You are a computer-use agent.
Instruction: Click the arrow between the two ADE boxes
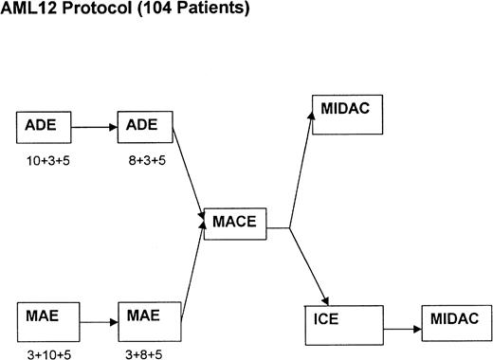click(x=92, y=124)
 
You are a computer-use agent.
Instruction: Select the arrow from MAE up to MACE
click(x=190, y=270)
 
